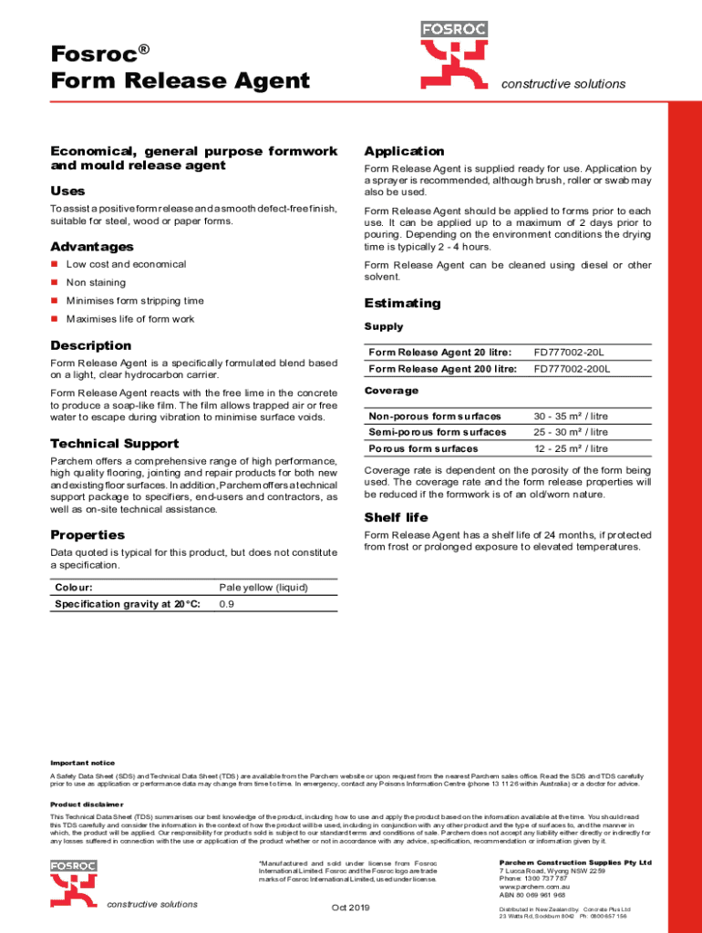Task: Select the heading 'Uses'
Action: coord(67,191)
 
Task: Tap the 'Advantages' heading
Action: coord(92,247)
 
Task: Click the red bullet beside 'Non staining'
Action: coord(55,283)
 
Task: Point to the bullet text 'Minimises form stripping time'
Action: coord(135,301)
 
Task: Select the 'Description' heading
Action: coord(91,345)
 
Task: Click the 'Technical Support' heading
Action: coord(115,444)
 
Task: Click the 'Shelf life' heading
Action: coord(396,518)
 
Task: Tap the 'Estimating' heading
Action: coord(402,303)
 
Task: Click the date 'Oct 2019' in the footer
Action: coord(350,907)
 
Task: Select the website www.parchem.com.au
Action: coord(534,886)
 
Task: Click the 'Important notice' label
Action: coord(82,763)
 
